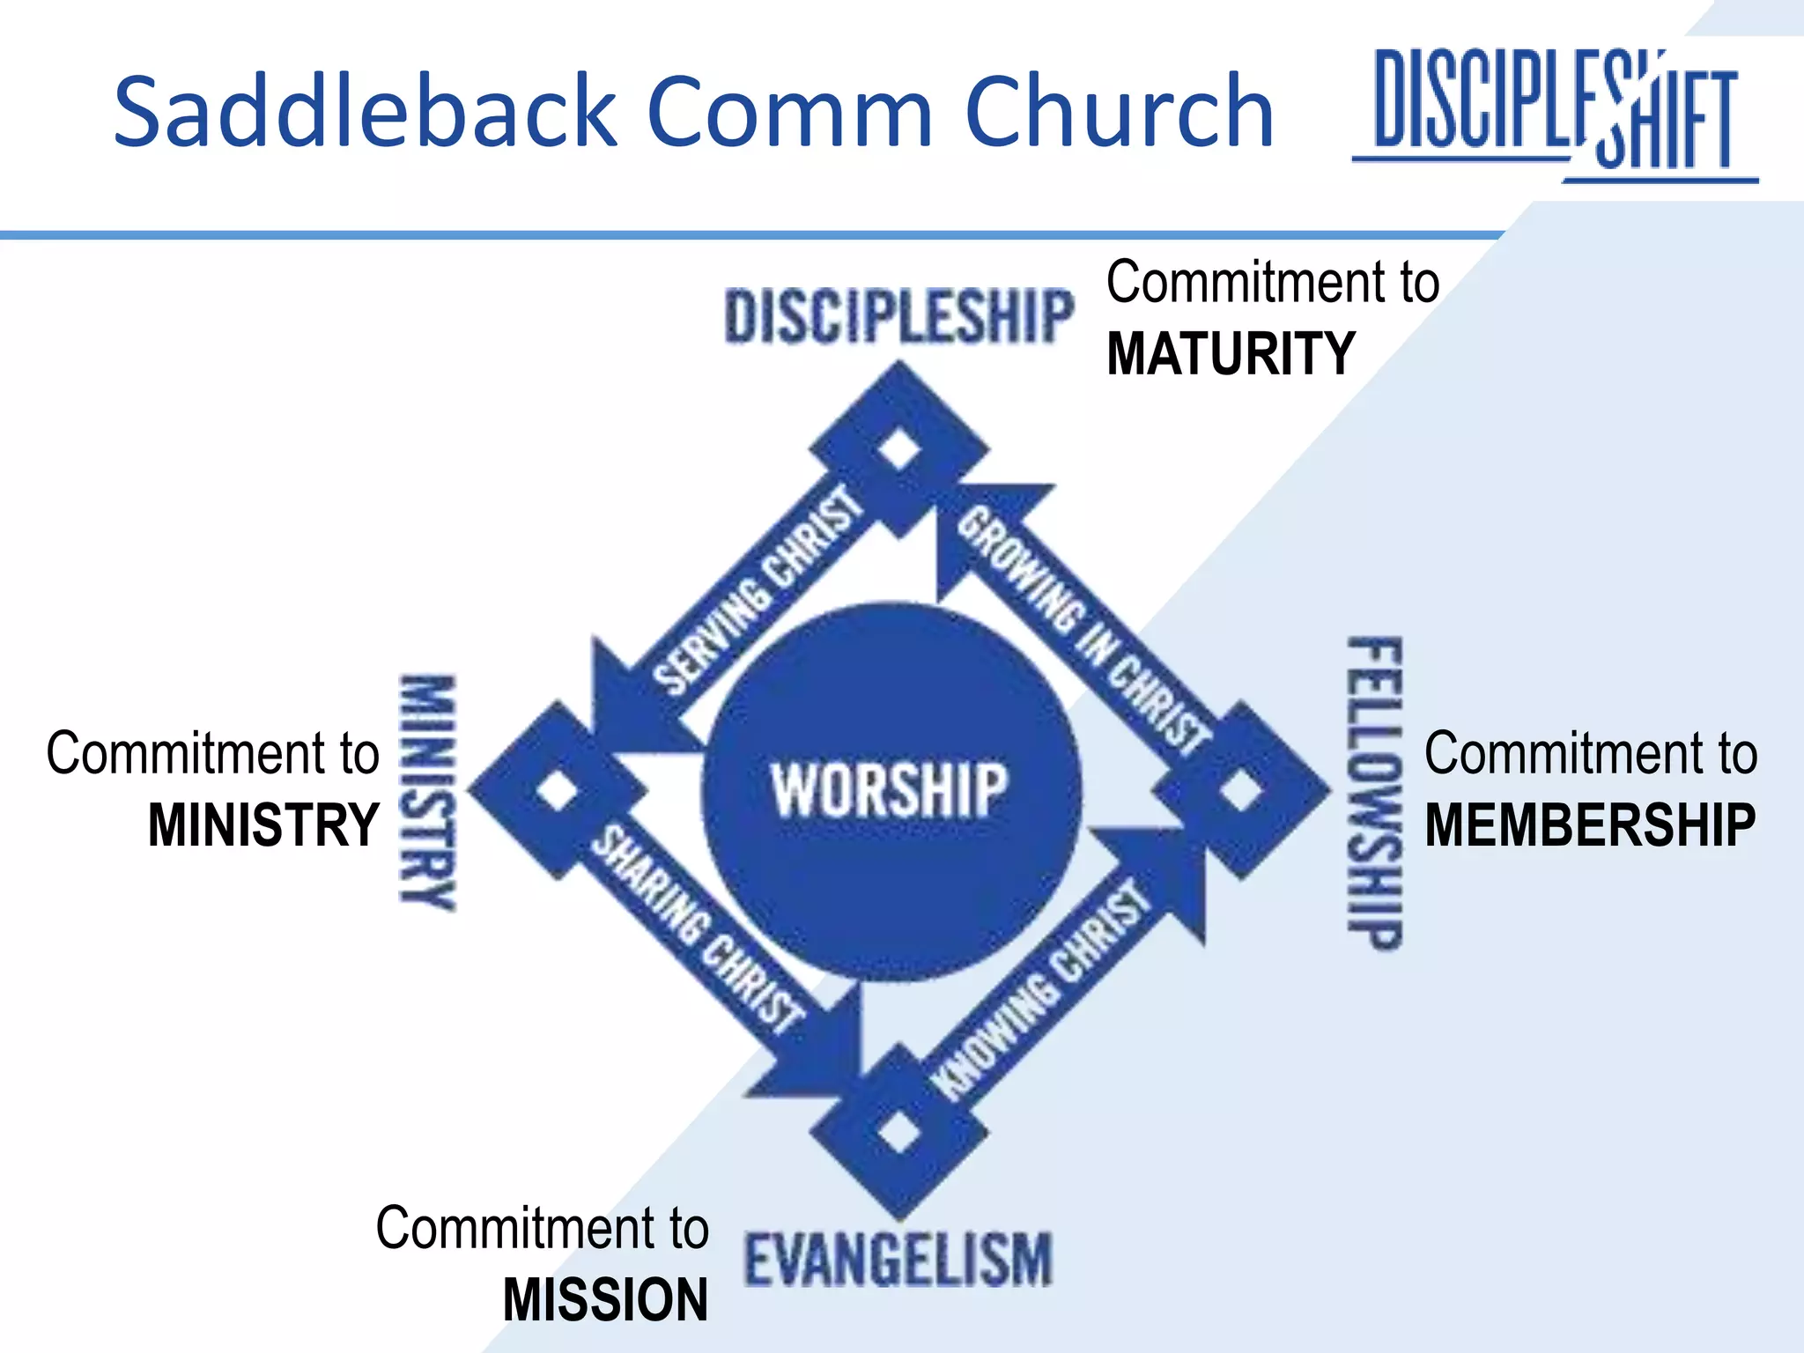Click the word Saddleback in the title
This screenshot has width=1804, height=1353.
pyautogui.click(x=366, y=111)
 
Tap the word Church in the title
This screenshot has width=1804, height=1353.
pyautogui.click(x=1119, y=111)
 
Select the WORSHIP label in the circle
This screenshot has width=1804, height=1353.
pyautogui.click(x=890, y=790)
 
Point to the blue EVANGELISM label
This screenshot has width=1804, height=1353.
pyautogui.click(x=898, y=1261)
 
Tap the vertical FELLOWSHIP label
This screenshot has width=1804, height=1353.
pyautogui.click(x=1375, y=793)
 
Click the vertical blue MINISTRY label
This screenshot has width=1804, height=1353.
pyautogui.click(x=428, y=792)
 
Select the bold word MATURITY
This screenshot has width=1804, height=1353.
pyautogui.click(x=1231, y=354)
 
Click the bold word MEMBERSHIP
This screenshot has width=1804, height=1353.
pyautogui.click(x=1590, y=825)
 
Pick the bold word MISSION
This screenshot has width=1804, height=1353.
pyautogui.click(x=605, y=1300)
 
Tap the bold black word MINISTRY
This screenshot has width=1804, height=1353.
pyautogui.click(x=263, y=825)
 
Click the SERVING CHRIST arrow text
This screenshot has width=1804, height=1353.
pyautogui.click(x=758, y=589)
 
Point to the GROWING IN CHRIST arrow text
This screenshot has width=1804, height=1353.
pyautogui.click(x=1082, y=631)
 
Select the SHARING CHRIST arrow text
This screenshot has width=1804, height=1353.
pyautogui.click(x=697, y=928)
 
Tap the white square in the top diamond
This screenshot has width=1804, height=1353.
pyautogui.click(x=899, y=448)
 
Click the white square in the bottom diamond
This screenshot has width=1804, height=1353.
pyautogui.click(x=898, y=1131)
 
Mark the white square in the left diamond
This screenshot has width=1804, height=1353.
pyautogui.click(x=558, y=790)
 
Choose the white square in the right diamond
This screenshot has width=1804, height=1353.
pyautogui.click(x=1241, y=790)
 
